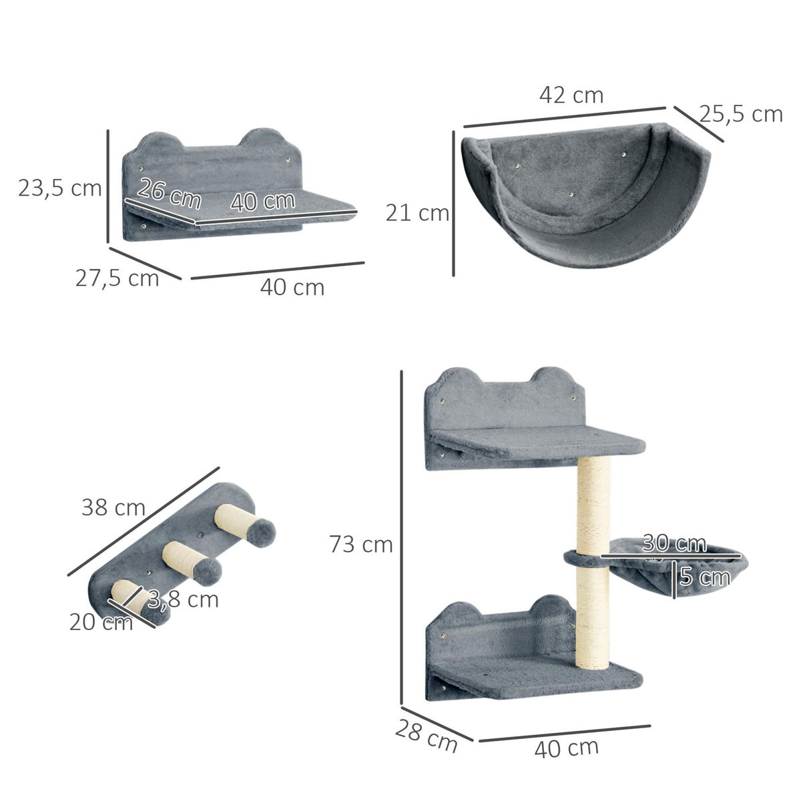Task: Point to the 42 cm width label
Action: click(x=571, y=95)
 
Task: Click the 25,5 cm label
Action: click(x=741, y=115)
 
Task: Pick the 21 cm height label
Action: click(x=417, y=214)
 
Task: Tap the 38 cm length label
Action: click(x=113, y=508)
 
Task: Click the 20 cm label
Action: click(x=101, y=622)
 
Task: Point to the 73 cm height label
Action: click(x=361, y=545)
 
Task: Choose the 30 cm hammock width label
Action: click(x=674, y=543)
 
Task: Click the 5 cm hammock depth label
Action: click(x=704, y=575)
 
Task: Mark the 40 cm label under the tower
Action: click(x=566, y=747)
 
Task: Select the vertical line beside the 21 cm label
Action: click(x=454, y=204)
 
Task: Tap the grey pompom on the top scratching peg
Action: click(x=264, y=531)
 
